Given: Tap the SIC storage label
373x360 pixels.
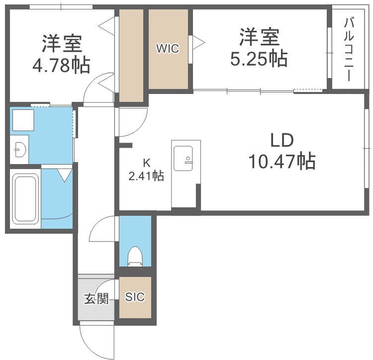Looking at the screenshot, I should (134, 297).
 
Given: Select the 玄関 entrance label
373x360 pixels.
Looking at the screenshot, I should (95, 299).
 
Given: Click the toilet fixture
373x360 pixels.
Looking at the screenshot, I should (134, 257).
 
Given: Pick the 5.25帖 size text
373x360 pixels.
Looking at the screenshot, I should (259, 60).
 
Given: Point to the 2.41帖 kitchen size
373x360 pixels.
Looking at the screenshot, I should (146, 175).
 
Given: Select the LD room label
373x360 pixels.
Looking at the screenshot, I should (282, 141).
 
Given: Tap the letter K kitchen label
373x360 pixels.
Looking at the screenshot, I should (146, 162).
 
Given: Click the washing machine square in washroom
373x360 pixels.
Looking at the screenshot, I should (22, 121).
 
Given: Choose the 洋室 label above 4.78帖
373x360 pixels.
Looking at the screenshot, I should (62, 44).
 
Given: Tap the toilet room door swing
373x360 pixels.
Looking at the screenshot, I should (102, 229).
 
